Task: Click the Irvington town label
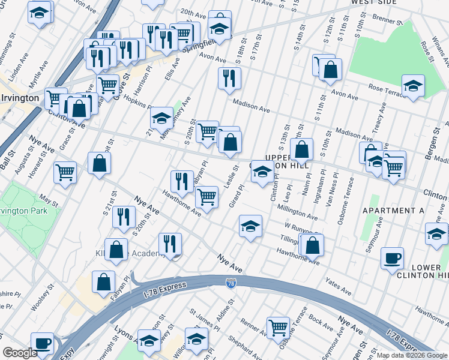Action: [19, 98]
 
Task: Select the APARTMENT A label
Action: [393, 211]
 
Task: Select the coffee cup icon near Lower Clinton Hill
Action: [393, 259]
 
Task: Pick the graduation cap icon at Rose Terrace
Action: [413, 86]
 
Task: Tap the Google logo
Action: [20, 353]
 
